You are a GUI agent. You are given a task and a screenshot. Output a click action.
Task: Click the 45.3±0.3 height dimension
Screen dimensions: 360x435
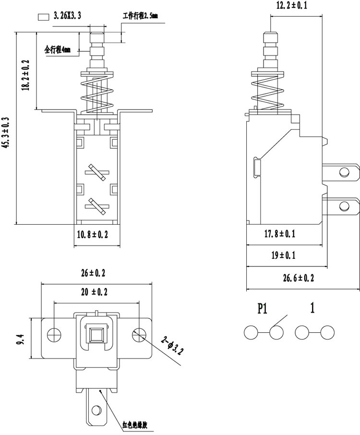point(6,133)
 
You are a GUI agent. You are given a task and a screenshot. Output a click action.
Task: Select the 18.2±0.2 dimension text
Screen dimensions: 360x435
point(26,75)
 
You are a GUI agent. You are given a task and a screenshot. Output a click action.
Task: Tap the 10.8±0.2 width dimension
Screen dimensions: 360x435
point(92,235)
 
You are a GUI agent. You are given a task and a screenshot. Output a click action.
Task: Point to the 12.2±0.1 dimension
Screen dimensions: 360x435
point(292,5)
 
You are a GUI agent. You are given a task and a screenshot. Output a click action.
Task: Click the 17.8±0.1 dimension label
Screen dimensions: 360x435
point(280,234)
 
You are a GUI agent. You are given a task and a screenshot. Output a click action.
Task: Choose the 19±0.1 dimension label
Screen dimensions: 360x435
point(284,255)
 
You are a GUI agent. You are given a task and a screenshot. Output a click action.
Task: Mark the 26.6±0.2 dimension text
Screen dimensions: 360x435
point(299,278)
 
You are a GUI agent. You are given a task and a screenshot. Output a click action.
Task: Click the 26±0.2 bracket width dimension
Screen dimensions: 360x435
point(93,273)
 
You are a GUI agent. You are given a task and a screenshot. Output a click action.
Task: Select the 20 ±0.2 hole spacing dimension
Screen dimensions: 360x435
point(94,292)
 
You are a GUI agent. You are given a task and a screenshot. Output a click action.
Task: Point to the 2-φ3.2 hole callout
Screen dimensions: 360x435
point(172,345)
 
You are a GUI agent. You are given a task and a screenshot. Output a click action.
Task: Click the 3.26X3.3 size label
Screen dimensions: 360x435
point(67,16)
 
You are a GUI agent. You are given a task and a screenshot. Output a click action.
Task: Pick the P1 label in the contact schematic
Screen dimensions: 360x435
point(262,308)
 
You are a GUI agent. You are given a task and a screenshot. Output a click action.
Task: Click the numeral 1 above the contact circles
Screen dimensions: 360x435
point(312,308)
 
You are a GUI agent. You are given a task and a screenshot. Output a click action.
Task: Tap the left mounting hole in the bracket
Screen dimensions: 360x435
point(55,335)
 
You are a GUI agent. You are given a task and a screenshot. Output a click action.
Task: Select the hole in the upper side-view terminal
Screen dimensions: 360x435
point(345,172)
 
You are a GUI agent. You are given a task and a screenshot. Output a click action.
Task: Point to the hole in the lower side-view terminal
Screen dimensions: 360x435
point(345,206)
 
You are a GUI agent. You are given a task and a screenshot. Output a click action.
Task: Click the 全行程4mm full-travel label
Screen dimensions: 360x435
point(58,49)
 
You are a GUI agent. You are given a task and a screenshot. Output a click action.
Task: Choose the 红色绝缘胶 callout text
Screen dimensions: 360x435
point(135,424)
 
